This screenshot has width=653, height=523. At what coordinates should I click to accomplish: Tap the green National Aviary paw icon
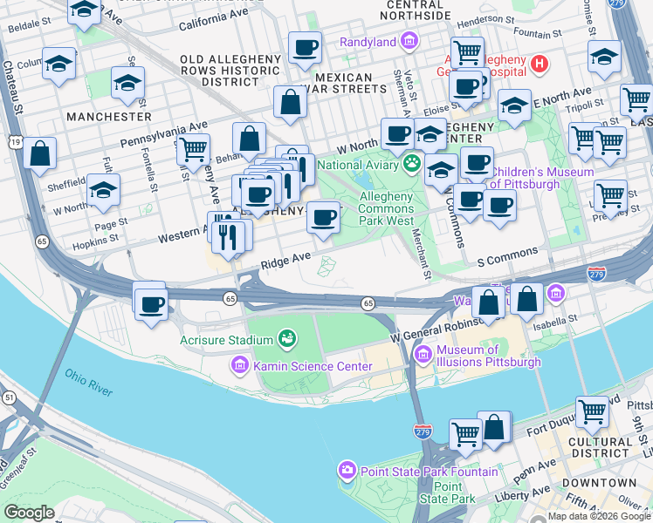[x=411, y=163]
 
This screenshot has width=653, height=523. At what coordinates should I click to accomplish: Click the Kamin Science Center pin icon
[x=241, y=367]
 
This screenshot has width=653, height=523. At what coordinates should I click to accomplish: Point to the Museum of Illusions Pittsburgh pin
[x=423, y=353]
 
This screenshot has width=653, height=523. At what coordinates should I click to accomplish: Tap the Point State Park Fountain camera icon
[x=347, y=472]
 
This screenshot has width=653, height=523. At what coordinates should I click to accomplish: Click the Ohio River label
[x=88, y=382]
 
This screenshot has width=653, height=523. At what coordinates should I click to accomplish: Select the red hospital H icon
[x=540, y=63]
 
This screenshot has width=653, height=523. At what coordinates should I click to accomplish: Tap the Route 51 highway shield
[x=7, y=397]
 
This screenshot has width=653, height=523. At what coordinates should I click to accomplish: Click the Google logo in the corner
[x=29, y=512]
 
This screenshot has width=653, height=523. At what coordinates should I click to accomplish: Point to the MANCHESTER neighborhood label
[x=108, y=116]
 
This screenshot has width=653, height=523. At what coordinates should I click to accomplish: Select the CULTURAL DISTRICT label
[x=599, y=447]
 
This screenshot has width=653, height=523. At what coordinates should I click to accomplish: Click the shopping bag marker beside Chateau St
[x=40, y=153]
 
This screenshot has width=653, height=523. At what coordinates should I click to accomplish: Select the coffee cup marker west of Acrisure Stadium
[x=151, y=304]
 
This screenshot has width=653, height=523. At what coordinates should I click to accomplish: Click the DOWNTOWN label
[x=599, y=483]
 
